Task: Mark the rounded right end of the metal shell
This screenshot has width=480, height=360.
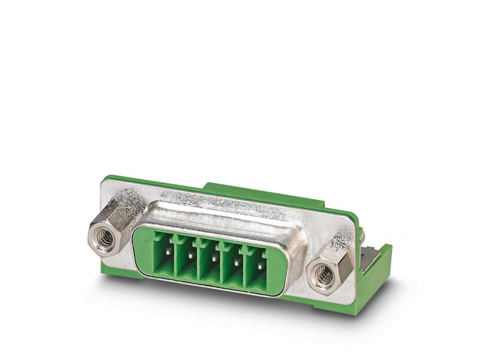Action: coord(297,252)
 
